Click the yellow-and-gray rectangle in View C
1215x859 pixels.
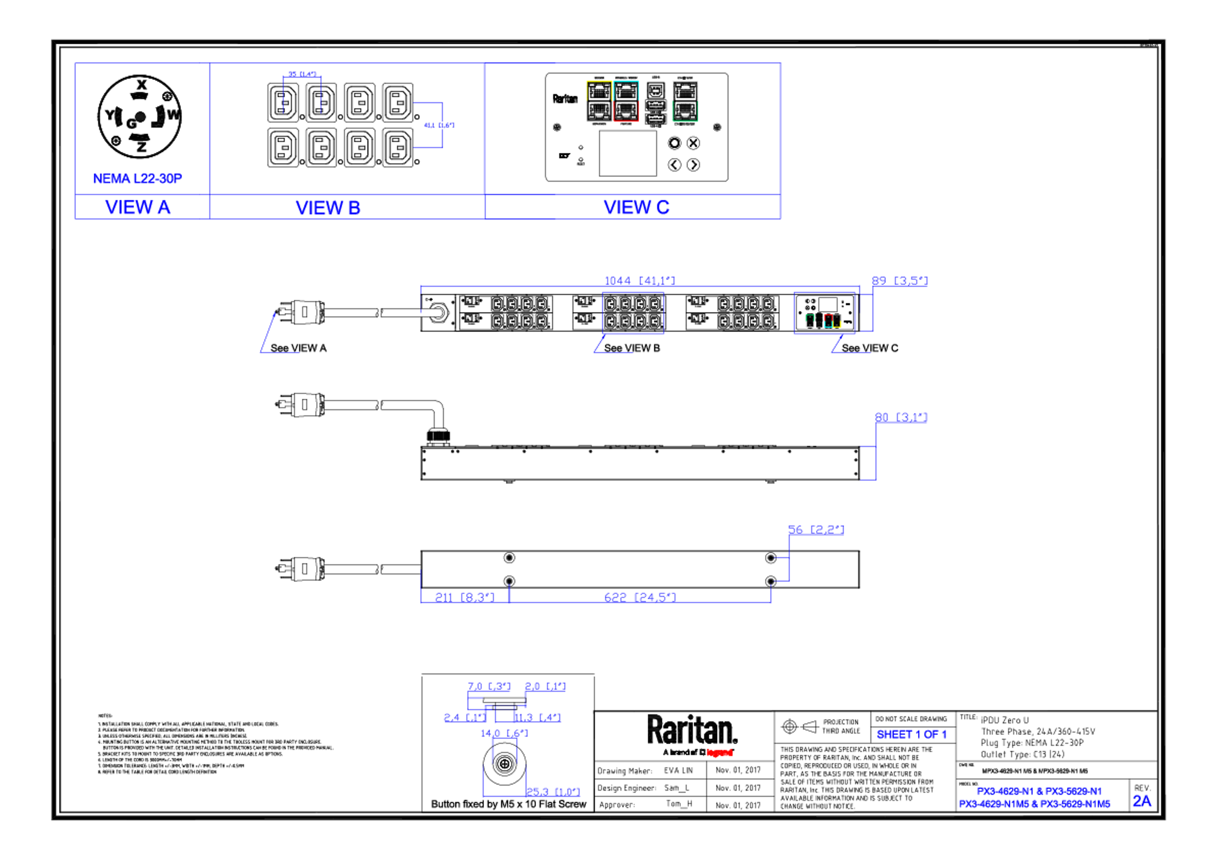[599, 101]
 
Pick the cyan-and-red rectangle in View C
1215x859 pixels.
[626, 101]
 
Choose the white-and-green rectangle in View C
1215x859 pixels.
[685, 101]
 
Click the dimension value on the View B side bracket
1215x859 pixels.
[439, 125]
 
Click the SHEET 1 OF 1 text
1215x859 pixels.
[911, 735]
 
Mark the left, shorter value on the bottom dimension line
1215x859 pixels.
[464, 596]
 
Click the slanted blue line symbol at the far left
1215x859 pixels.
[268, 333]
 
